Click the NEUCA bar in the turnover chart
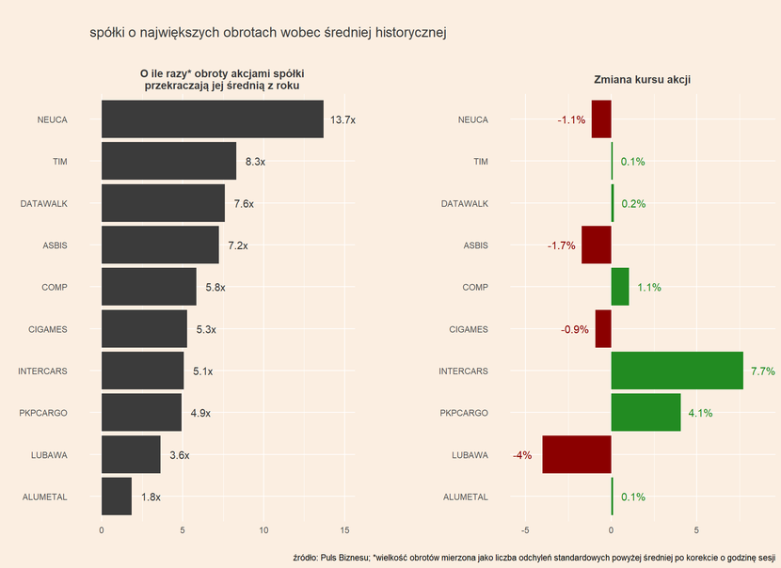[212, 119]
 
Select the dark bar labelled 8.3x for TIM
[168, 162]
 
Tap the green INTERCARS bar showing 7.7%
[677, 371]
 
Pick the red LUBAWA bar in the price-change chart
[577, 455]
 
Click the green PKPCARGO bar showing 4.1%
[646, 413]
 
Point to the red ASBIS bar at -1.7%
[597, 245]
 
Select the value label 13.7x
[343, 120]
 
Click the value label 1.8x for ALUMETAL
[151, 497]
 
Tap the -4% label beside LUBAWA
[522, 455]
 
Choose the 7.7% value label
[762, 371]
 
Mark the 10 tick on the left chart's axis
[263, 529]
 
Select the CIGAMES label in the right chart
[468, 329]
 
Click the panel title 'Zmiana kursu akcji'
[643, 80]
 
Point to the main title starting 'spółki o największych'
[267, 33]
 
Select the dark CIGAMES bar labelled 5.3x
[144, 329]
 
